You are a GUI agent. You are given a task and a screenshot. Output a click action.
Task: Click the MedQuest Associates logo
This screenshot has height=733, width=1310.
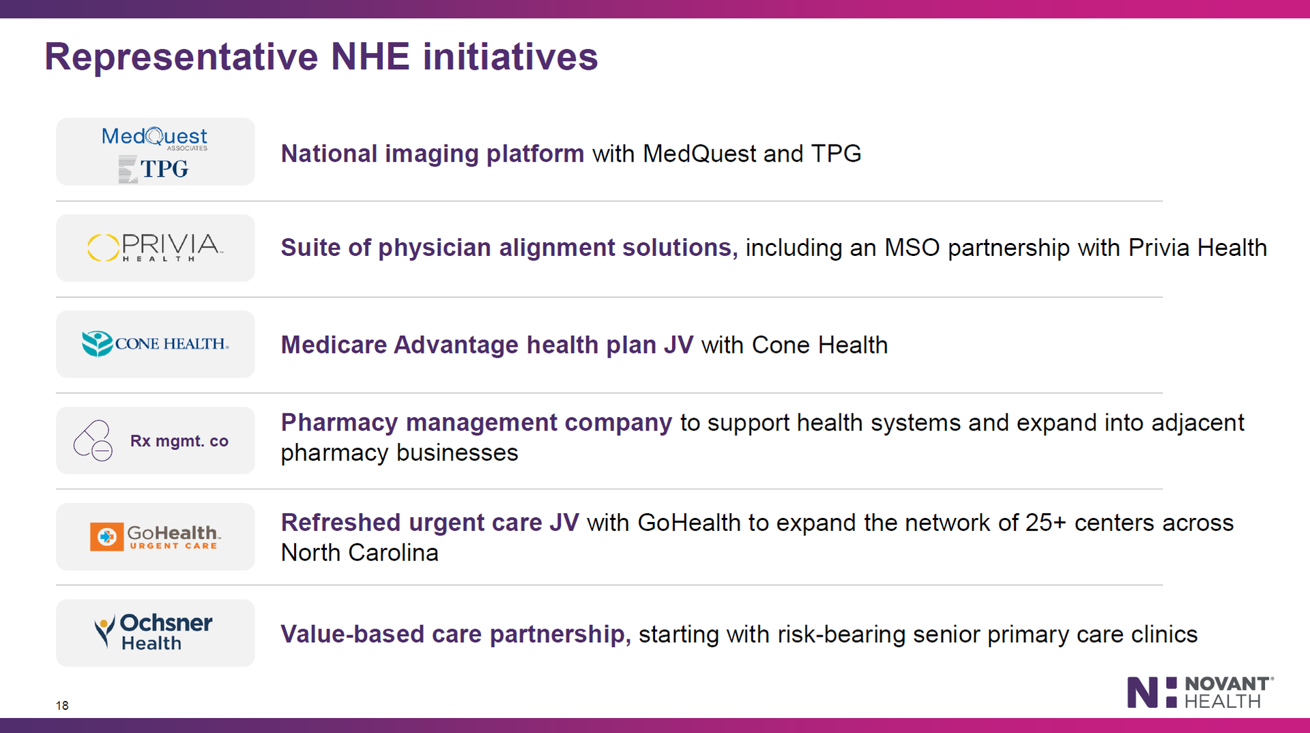(155, 138)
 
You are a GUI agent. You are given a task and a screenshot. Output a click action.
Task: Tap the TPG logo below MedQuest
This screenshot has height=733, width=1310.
(154, 169)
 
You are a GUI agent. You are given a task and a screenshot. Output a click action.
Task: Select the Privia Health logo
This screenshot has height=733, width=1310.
(155, 247)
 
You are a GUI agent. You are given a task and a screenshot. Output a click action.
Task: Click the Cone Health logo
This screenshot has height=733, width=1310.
(155, 343)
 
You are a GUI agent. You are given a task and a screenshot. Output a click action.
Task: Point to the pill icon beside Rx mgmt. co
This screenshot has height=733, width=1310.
(93, 440)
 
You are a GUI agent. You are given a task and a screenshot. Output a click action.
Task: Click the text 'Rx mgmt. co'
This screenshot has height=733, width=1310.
(179, 441)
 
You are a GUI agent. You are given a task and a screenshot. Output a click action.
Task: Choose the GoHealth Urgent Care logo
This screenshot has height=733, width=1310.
(156, 536)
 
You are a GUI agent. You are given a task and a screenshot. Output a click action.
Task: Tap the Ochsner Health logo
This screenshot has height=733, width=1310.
(154, 632)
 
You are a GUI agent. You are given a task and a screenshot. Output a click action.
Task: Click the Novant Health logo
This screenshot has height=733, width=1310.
(1200, 692)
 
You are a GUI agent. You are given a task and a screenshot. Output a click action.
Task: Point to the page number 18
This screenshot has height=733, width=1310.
(62, 706)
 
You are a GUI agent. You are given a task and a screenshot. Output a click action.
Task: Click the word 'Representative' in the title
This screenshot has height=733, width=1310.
(181, 57)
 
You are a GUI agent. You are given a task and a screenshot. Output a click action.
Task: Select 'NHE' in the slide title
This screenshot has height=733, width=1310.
(370, 57)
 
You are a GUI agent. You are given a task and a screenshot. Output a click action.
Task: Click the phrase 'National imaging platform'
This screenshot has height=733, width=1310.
(433, 154)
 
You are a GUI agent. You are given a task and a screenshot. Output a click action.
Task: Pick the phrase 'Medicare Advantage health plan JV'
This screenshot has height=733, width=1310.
(487, 345)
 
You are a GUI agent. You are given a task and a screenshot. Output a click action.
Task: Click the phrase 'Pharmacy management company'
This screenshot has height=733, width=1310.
(476, 423)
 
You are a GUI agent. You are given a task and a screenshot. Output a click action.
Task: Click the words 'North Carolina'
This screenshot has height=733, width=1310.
(360, 553)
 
